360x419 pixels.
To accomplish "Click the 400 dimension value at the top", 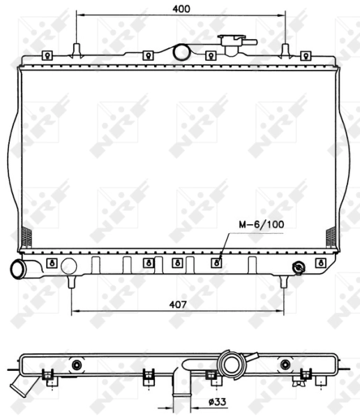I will pyautogui.click(x=181, y=8).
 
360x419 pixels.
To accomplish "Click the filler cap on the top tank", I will pyautogui.click(x=230, y=43).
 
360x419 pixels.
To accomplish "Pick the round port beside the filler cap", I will pyautogui.click(x=182, y=52).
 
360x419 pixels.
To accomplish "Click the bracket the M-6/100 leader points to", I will pyautogui.click(x=216, y=263).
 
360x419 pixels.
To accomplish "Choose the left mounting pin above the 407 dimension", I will pyautogui.click(x=72, y=281).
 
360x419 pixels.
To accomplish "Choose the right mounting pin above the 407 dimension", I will pyautogui.click(x=283, y=281).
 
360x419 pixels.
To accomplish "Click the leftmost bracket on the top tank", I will pyautogui.click(x=47, y=55).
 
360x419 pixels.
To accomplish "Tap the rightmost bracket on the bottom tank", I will pyautogui.click(x=320, y=263).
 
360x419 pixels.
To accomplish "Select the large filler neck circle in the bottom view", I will pyautogui.click(x=230, y=364).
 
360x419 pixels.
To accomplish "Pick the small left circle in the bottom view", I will pyautogui.click(x=77, y=364).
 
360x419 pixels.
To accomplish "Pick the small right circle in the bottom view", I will pyautogui.click(x=285, y=364).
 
